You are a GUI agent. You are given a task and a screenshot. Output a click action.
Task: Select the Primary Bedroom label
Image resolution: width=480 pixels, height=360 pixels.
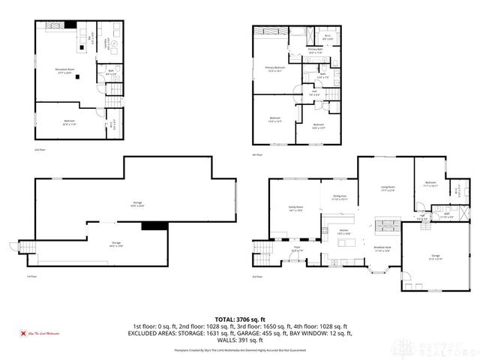[275, 68]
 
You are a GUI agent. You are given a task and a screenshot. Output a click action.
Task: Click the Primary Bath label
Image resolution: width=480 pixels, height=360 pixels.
[313, 52]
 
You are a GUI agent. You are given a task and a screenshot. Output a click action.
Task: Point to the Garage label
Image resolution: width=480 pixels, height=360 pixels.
[435, 257]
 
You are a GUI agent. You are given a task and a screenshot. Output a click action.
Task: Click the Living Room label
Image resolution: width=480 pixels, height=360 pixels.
[388, 190]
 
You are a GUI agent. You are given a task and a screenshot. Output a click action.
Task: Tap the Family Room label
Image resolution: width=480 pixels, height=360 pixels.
[295, 208]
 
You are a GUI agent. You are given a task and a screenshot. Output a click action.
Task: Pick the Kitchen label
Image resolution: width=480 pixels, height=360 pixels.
[343, 232]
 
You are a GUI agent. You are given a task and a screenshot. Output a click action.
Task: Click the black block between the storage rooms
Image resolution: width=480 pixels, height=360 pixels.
[154, 225]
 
